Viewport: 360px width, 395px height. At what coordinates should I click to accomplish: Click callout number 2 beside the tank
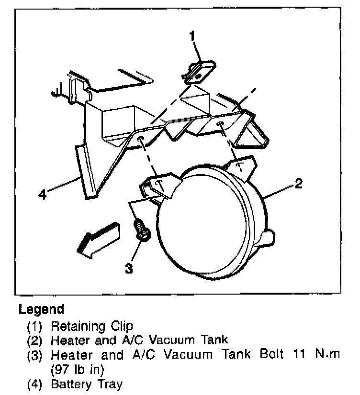(298, 183)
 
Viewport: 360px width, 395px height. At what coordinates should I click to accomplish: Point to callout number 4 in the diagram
(43, 195)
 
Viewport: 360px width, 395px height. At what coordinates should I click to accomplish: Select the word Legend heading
(41, 309)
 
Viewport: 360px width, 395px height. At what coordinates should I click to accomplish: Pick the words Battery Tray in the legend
(86, 384)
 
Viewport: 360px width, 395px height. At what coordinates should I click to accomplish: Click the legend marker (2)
(35, 341)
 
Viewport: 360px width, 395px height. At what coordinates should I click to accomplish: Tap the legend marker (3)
(35, 355)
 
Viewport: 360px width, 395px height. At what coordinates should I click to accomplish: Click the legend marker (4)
(35, 384)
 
